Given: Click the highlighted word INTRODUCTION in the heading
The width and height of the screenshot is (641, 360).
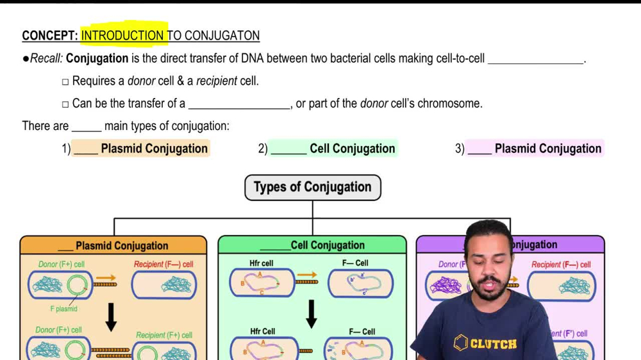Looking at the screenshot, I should (x=122, y=36).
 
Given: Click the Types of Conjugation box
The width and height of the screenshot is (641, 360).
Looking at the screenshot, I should (x=313, y=187).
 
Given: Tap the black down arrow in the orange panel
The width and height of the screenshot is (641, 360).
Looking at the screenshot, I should (x=111, y=317).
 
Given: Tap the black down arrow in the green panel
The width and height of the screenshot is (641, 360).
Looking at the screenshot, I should (x=312, y=313).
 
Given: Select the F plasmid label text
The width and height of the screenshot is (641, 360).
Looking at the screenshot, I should (x=64, y=309).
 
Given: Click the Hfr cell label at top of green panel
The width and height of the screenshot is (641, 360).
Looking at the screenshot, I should (x=262, y=263).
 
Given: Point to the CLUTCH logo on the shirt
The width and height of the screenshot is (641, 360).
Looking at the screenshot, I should (x=485, y=343).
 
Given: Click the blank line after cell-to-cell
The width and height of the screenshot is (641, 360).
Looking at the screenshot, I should (x=536, y=59).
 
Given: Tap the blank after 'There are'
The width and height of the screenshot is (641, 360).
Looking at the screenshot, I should (x=87, y=126).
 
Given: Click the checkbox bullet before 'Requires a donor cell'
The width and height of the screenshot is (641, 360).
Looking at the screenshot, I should (x=65, y=82).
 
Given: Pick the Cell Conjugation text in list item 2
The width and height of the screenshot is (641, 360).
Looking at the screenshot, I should (x=352, y=149).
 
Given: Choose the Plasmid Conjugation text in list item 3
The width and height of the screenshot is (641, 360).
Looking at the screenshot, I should (x=548, y=149).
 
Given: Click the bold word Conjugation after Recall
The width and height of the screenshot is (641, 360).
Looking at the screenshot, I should (x=97, y=59).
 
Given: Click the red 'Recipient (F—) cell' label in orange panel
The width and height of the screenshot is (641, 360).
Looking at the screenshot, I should (x=163, y=264).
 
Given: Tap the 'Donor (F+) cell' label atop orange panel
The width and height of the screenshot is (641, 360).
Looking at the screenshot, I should (x=62, y=264).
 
